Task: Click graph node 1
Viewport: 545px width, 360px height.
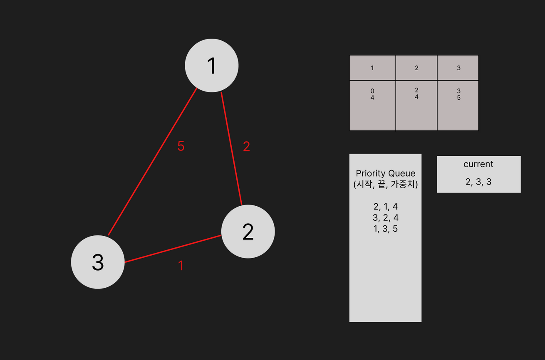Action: (x=211, y=66)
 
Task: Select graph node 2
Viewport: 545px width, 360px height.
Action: (x=248, y=232)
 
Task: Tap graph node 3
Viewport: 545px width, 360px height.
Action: (x=98, y=262)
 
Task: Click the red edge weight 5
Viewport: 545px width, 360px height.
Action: (x=181, y=146)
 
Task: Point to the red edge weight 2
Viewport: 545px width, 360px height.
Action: (x=246, y=147)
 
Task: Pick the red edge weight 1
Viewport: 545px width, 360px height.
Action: (x=181, y=266)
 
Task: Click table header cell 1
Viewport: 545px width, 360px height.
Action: (x=372, y=68)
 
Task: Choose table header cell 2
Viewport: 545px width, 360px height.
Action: (x=416, y=68)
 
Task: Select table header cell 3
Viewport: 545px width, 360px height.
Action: (x=458, y=68)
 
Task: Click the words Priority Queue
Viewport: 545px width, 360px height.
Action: (x=385, y=173)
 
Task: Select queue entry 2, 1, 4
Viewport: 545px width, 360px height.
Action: (x=385, y=207)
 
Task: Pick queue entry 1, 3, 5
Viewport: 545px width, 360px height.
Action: (x=385, y=229)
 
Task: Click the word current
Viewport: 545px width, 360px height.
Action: (x=478, y=164)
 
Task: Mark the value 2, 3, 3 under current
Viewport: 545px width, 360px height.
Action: (x=478, y=182)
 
